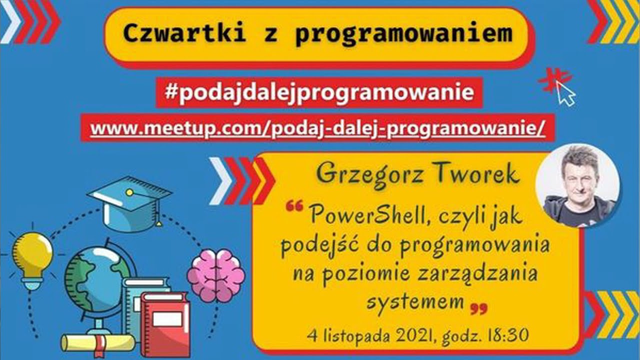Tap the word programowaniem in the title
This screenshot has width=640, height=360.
tap(404, 33)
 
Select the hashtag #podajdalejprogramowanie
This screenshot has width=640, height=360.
tap(319, 92)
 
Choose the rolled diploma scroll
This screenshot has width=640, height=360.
tap(97, 342)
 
